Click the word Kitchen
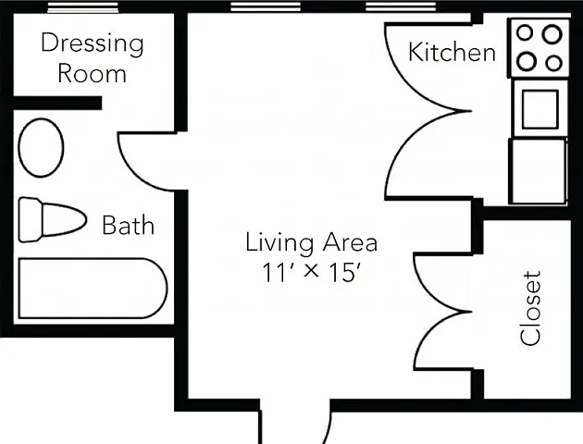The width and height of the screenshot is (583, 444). pyautogui.click(x=452, y=53)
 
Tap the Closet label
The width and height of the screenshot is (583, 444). pyautogui.click(x=530, y=308)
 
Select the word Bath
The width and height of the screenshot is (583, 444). pyautogui.click(x=128, y=225)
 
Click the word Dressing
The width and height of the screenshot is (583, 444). pyautogui.click(x=93, y=44)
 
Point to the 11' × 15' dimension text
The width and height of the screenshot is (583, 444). pyautogui.click(x=311, y=272)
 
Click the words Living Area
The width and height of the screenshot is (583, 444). pyautogui.click(x=311, y=242)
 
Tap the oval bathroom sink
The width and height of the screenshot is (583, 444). pyautogui.click(x=41, y=148)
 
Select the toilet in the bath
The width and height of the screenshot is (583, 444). pyautogui.click(x=53, y=220)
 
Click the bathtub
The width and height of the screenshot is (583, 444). pyautogui.click(x=93, y=289)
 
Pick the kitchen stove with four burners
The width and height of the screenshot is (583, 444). pyautogui.click(x=539, y=48)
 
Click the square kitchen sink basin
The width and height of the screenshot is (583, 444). pyautogui.click(x=540, y=109)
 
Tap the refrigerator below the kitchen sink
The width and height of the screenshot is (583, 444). pyautogui.click(x=539, y=171)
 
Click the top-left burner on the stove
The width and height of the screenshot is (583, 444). pyautogui.click(x=525, y=32)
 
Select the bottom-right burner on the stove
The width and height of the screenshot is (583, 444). pyautogui.click(x=553, y=63)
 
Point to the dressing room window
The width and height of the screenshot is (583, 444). pyautogui.click(x=82, y=7)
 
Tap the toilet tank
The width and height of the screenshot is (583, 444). pyautogui.click(x=31, y=220)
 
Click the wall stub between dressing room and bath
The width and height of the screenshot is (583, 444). pyautogui.click(x=57, y=103)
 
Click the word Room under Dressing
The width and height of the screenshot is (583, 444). pyautogui.click(x=92, y=73)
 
